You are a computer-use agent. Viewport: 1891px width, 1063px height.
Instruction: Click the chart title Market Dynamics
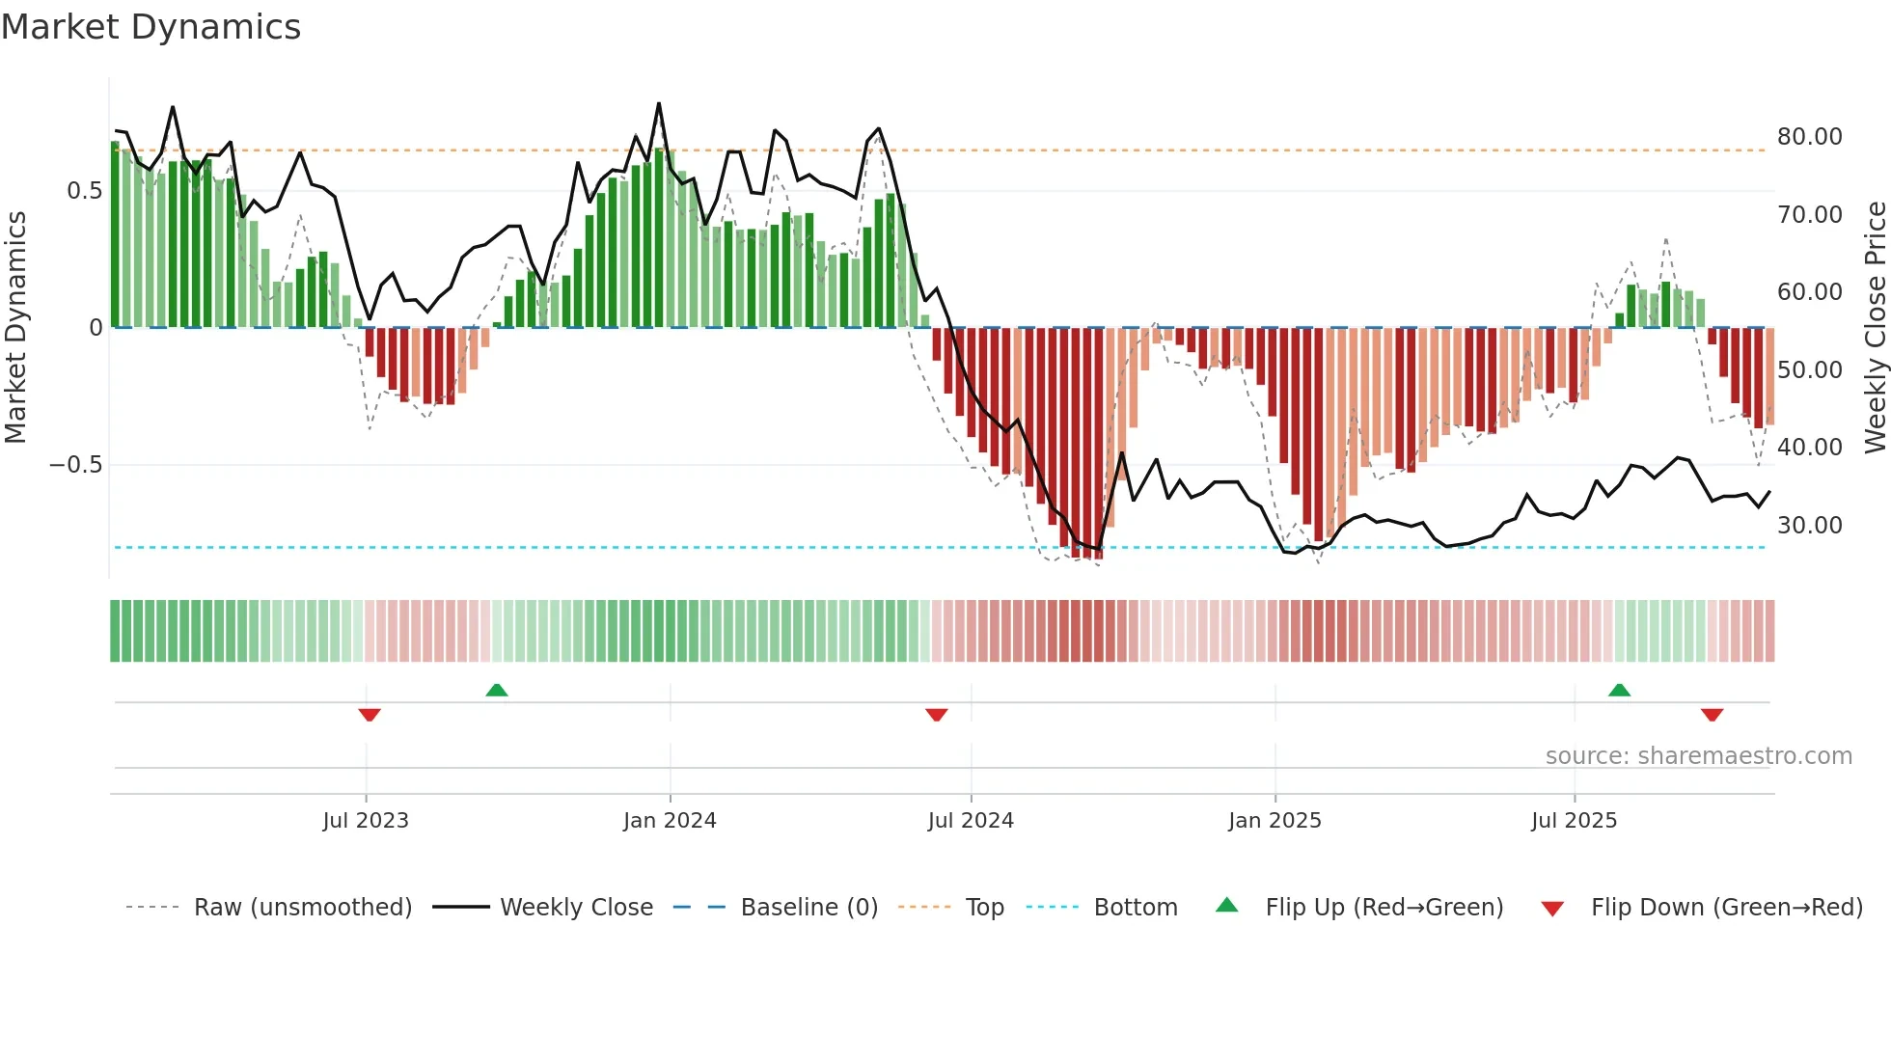(x=151, y=27)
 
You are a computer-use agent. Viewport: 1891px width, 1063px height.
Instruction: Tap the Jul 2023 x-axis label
(x=366, y=821)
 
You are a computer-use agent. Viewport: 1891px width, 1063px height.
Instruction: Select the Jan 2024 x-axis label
(x=670, y=821)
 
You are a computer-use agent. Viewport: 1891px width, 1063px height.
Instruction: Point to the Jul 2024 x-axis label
(x=971, y=821)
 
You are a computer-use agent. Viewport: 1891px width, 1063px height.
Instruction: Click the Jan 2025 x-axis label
(x=1274, y=821)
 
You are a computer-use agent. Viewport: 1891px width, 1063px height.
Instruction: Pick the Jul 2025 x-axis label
(x=1574, y=821)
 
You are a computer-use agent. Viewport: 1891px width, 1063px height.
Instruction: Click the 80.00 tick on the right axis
(x=1809, y=137)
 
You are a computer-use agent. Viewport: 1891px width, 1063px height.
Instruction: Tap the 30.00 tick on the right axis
(x=1809, y=526)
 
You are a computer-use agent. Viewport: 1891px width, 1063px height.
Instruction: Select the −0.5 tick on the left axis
(x=75, y=465)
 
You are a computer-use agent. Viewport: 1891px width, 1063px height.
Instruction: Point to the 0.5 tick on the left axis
(x=84, y=191)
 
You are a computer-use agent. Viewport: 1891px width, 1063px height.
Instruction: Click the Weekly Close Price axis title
(x=1875, y=328)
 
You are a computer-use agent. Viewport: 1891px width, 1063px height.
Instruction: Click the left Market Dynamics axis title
(x=15, y=328)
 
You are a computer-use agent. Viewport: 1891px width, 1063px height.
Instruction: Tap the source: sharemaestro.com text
(x=1698, y=756)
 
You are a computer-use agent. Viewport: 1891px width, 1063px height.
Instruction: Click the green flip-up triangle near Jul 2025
(x=1619, y=691)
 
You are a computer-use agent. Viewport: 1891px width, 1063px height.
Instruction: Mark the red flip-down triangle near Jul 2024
(x=936, y=715)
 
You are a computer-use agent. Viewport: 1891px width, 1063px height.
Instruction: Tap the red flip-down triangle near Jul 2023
(x=370, y=715)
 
